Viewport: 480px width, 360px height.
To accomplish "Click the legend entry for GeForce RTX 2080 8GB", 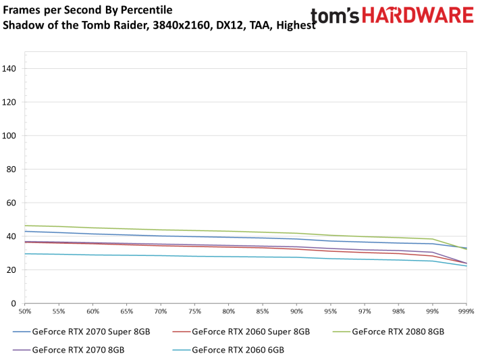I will (399, 332).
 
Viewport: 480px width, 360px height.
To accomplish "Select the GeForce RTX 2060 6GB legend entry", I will (238, 350).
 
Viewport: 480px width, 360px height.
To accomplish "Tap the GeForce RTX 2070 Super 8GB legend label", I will (91, 332).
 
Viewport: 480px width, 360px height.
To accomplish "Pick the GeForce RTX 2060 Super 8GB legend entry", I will (251, 332).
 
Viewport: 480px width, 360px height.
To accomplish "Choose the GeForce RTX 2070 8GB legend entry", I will (78, 350).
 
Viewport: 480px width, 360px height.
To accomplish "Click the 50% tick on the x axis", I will (25, 311).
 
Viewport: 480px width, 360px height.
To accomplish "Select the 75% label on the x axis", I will (195, 311).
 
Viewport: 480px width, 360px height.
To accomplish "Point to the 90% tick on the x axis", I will (297, 311).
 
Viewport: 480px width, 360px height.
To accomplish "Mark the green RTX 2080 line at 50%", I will (25, 226).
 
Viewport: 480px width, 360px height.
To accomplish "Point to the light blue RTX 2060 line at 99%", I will (433, 261).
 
